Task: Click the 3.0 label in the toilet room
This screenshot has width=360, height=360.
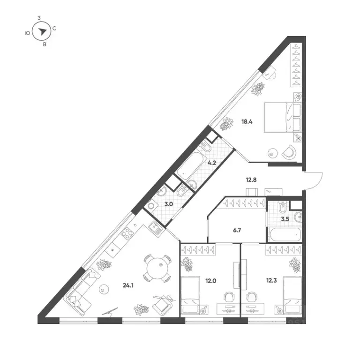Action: [x=169, y=204]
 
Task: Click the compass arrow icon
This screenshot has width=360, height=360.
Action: [x=43, y=31]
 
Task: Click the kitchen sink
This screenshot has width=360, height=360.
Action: [x=156, y=228]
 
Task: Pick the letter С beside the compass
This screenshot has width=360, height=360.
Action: [x=55, y=29]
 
